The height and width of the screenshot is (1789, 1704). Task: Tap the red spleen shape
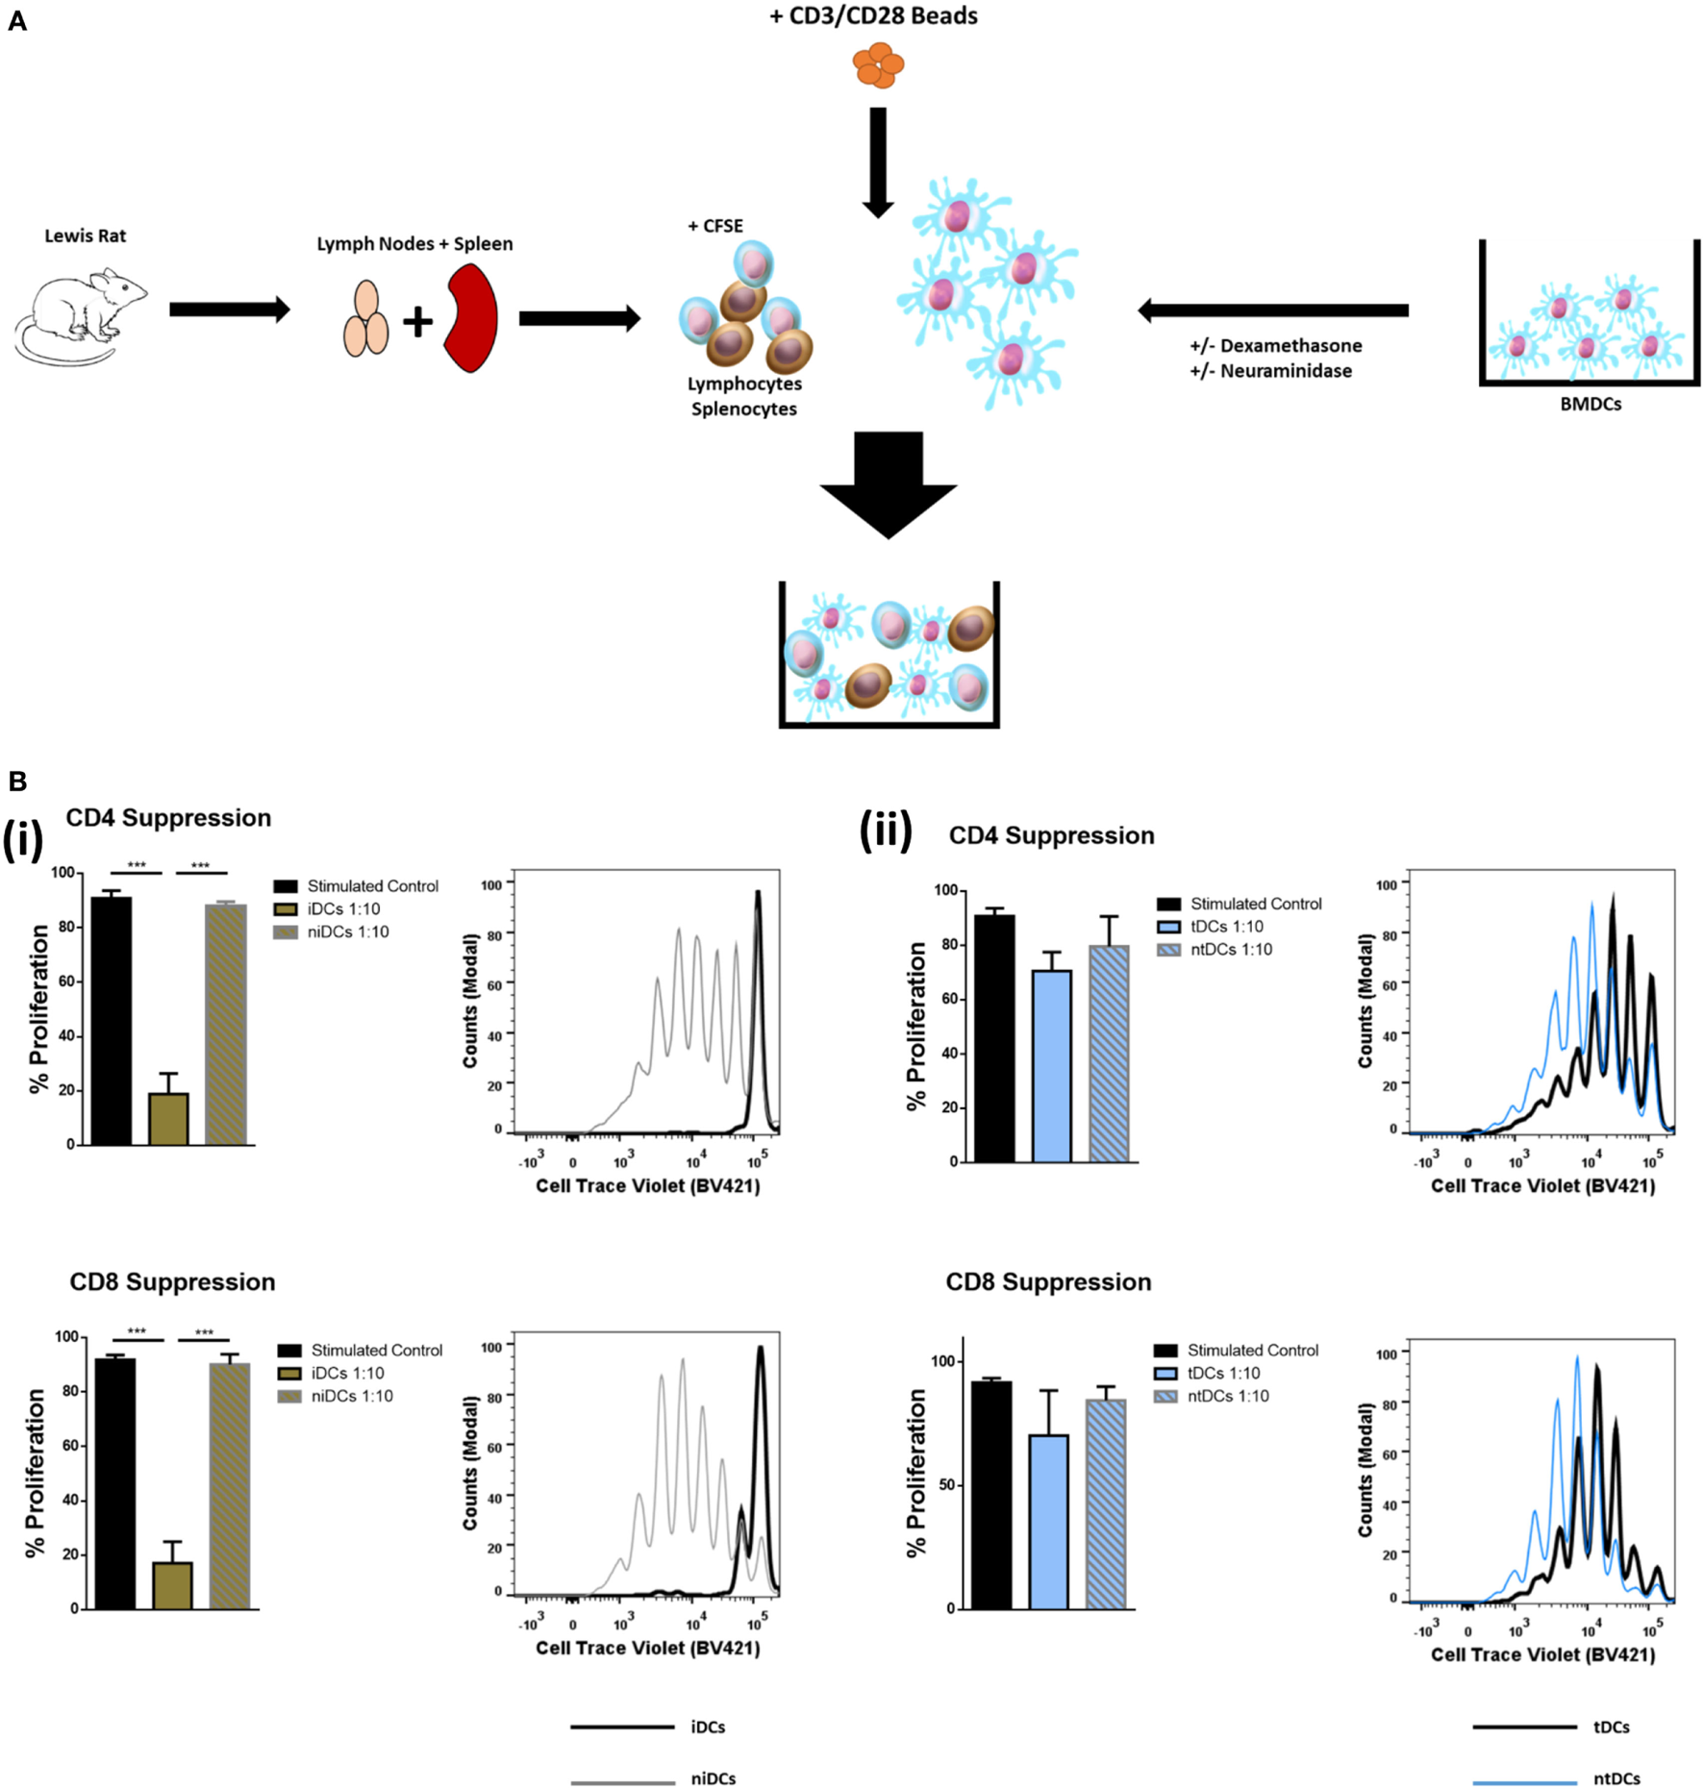[472, 319]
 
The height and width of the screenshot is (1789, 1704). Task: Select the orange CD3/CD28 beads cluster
[877, 64]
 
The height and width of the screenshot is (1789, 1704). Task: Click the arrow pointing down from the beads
[878, 162]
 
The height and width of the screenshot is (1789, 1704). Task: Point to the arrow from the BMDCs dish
[1272, 310]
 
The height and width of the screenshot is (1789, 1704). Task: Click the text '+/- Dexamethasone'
[1275, 345]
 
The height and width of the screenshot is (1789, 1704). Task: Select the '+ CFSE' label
[714, 226]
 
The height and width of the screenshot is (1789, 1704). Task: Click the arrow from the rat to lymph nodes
[229, 310]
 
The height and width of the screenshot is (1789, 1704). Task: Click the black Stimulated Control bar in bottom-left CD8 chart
[114, 1482]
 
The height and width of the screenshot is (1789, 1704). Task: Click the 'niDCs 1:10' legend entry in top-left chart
[347, 932]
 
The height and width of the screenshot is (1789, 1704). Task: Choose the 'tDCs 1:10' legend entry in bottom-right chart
[1222, 1373]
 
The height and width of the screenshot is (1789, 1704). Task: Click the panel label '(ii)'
[885, 831]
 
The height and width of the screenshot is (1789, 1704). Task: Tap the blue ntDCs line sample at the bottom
[1524, 1781]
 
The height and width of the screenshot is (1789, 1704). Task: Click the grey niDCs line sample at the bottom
[622, 1781]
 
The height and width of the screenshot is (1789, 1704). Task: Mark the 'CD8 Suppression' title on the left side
[172, 1281]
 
